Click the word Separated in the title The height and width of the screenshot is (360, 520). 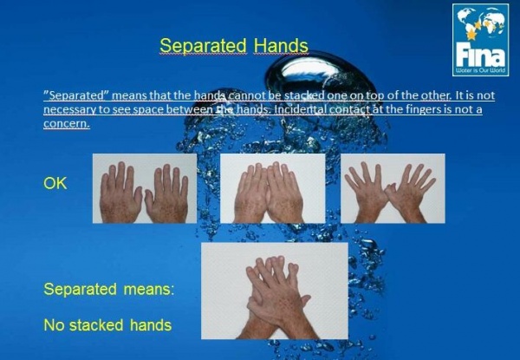point(203,46)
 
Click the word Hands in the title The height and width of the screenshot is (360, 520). point(281,45)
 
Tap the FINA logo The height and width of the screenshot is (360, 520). point(480,40)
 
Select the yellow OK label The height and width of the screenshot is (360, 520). point(55,183)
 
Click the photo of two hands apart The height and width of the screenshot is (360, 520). point(145,188)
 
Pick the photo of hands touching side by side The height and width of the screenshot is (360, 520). point(273,188)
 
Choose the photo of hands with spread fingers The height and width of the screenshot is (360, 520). point(393,188)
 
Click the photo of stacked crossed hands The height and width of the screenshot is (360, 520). point(275,291)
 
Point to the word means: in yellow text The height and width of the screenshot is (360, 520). point(149,290)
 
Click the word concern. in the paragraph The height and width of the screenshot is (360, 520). point(67,123)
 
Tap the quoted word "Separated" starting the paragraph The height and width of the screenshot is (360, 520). point(76,95)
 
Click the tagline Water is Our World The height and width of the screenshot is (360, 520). point(480,70)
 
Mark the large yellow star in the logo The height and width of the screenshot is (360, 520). point(471,34)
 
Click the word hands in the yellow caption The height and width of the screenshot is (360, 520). point(151,324)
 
